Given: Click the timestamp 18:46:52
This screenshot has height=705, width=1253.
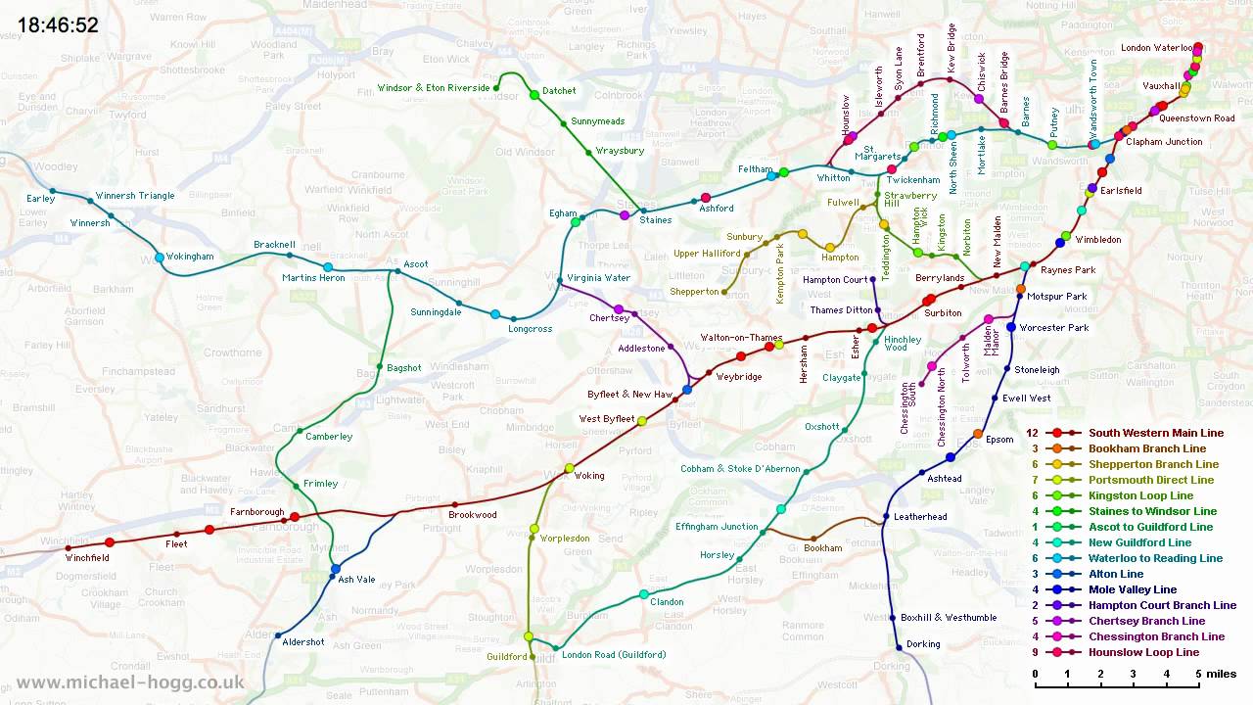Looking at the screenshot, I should pos(59,25).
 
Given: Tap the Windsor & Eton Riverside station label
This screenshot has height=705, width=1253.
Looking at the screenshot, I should pos(434,88).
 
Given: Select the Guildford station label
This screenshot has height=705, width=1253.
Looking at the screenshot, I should pos(507,657).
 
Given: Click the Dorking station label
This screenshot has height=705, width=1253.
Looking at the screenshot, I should pos(923,644).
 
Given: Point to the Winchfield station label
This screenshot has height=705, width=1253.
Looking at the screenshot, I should pos(87,558).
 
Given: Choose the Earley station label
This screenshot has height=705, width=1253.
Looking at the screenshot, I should pos(41,199).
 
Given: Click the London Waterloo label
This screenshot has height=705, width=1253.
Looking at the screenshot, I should pos(1156,48).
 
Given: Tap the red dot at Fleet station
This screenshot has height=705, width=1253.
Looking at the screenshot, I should pos(209,530).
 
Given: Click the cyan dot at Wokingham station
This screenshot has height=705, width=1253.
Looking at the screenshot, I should pos(160,258).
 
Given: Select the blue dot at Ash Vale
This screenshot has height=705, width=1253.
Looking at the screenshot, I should pos(336,569).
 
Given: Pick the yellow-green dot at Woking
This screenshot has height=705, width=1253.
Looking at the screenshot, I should pos(569,468).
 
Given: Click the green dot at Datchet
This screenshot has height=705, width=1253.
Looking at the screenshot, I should pos(534,95).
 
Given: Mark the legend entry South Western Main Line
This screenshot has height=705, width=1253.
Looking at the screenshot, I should pos(1156,433).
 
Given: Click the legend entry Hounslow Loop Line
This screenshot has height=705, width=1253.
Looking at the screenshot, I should pos(1143,652).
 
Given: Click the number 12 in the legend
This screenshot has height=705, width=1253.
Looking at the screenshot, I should pos(1032,433).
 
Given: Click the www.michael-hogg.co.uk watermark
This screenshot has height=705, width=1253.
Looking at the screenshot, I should pos(130,682).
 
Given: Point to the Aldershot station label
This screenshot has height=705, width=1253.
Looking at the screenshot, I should pos(303,641).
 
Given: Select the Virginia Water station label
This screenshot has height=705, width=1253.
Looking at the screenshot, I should pos(598,278).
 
